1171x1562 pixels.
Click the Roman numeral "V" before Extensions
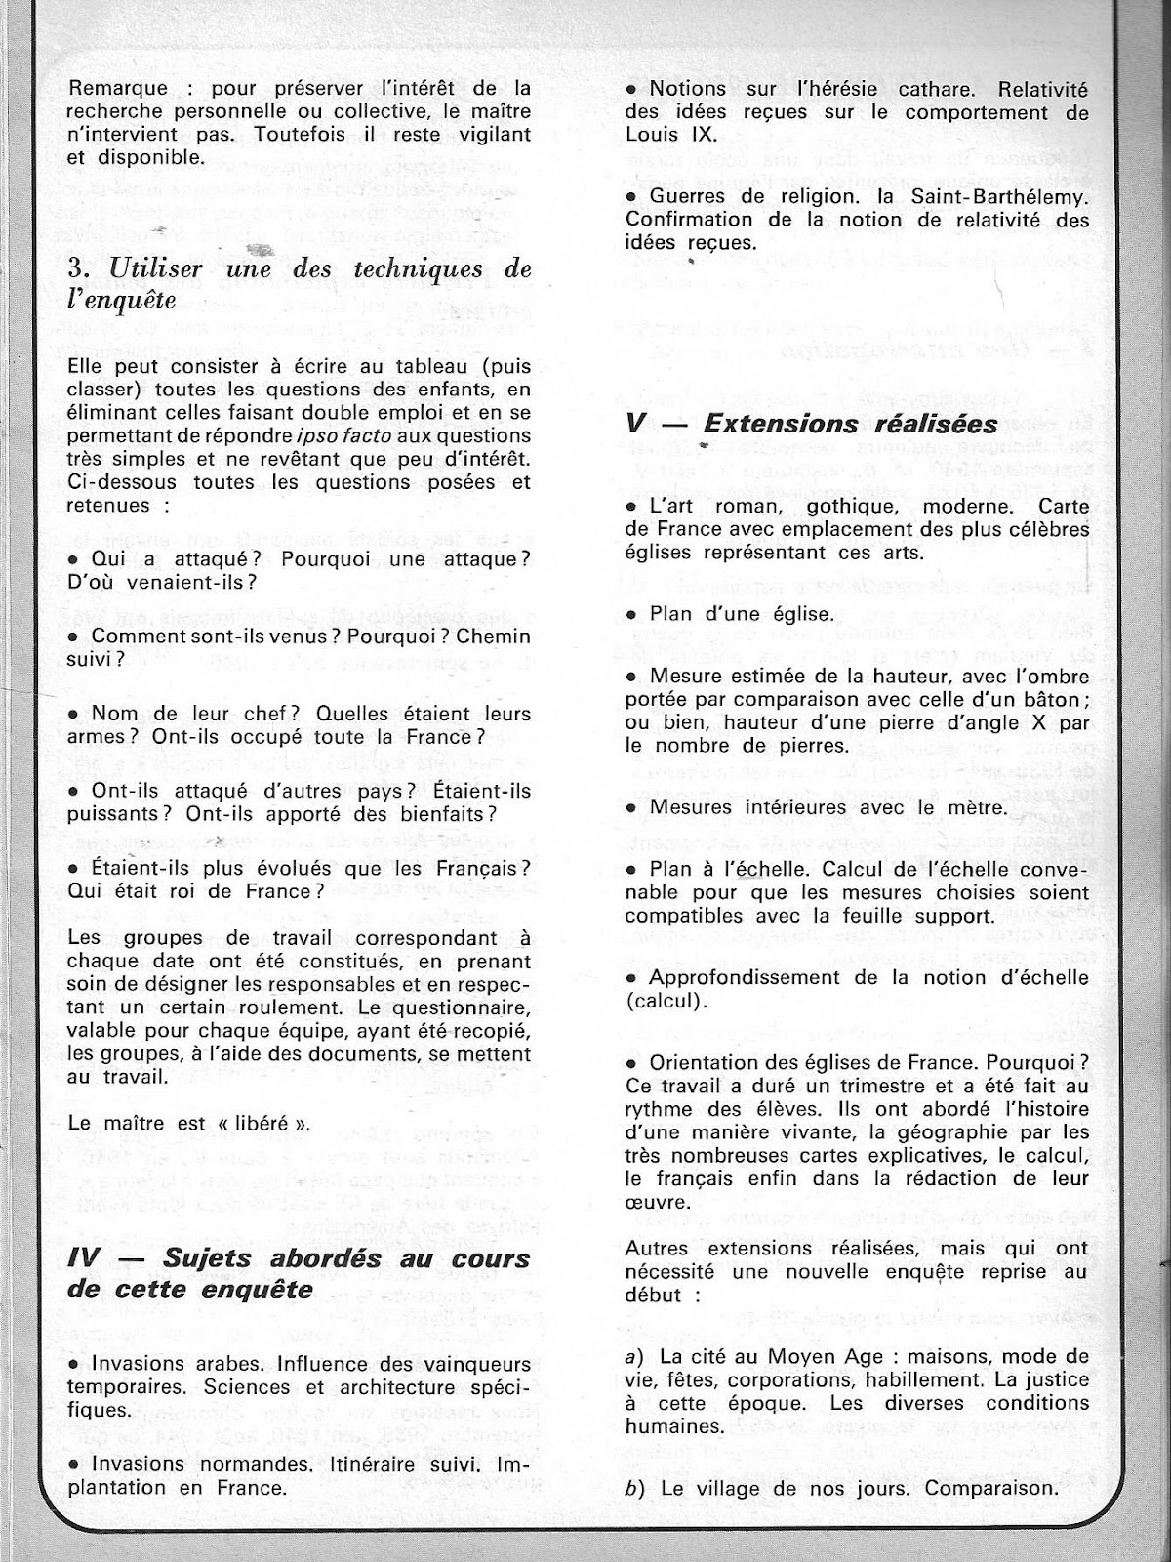636,424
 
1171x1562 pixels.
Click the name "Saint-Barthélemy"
1011,196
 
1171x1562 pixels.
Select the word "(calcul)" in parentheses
663,1002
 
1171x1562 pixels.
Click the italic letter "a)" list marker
637,1356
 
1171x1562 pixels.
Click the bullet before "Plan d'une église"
633,616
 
